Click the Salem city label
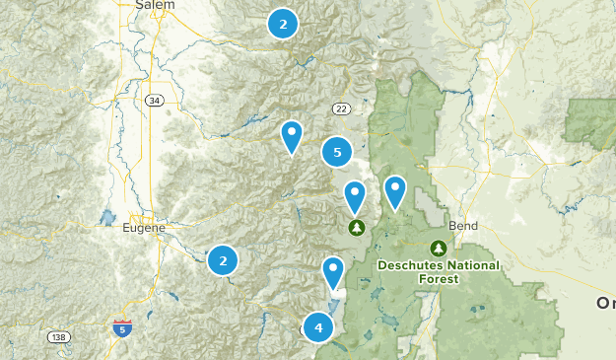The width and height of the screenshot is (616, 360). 155,5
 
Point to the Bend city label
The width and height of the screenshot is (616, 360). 462,226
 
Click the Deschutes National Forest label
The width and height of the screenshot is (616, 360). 437,272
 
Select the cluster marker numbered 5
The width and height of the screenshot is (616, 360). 337,152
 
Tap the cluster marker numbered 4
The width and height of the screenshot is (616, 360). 317,326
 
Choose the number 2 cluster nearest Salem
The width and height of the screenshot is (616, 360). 283,24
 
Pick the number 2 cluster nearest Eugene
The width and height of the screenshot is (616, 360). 223,260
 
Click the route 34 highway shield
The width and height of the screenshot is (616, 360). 154,101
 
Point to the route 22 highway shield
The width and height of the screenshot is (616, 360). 341,108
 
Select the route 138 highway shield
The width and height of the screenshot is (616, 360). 59,337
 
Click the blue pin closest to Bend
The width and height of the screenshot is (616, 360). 394,191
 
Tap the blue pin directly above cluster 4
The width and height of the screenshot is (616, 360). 333,271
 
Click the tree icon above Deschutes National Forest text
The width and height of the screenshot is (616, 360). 439,249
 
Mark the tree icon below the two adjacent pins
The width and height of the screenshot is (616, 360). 356,228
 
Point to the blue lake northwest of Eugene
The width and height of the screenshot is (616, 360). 109,218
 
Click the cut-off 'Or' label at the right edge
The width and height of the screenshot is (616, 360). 605,303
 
